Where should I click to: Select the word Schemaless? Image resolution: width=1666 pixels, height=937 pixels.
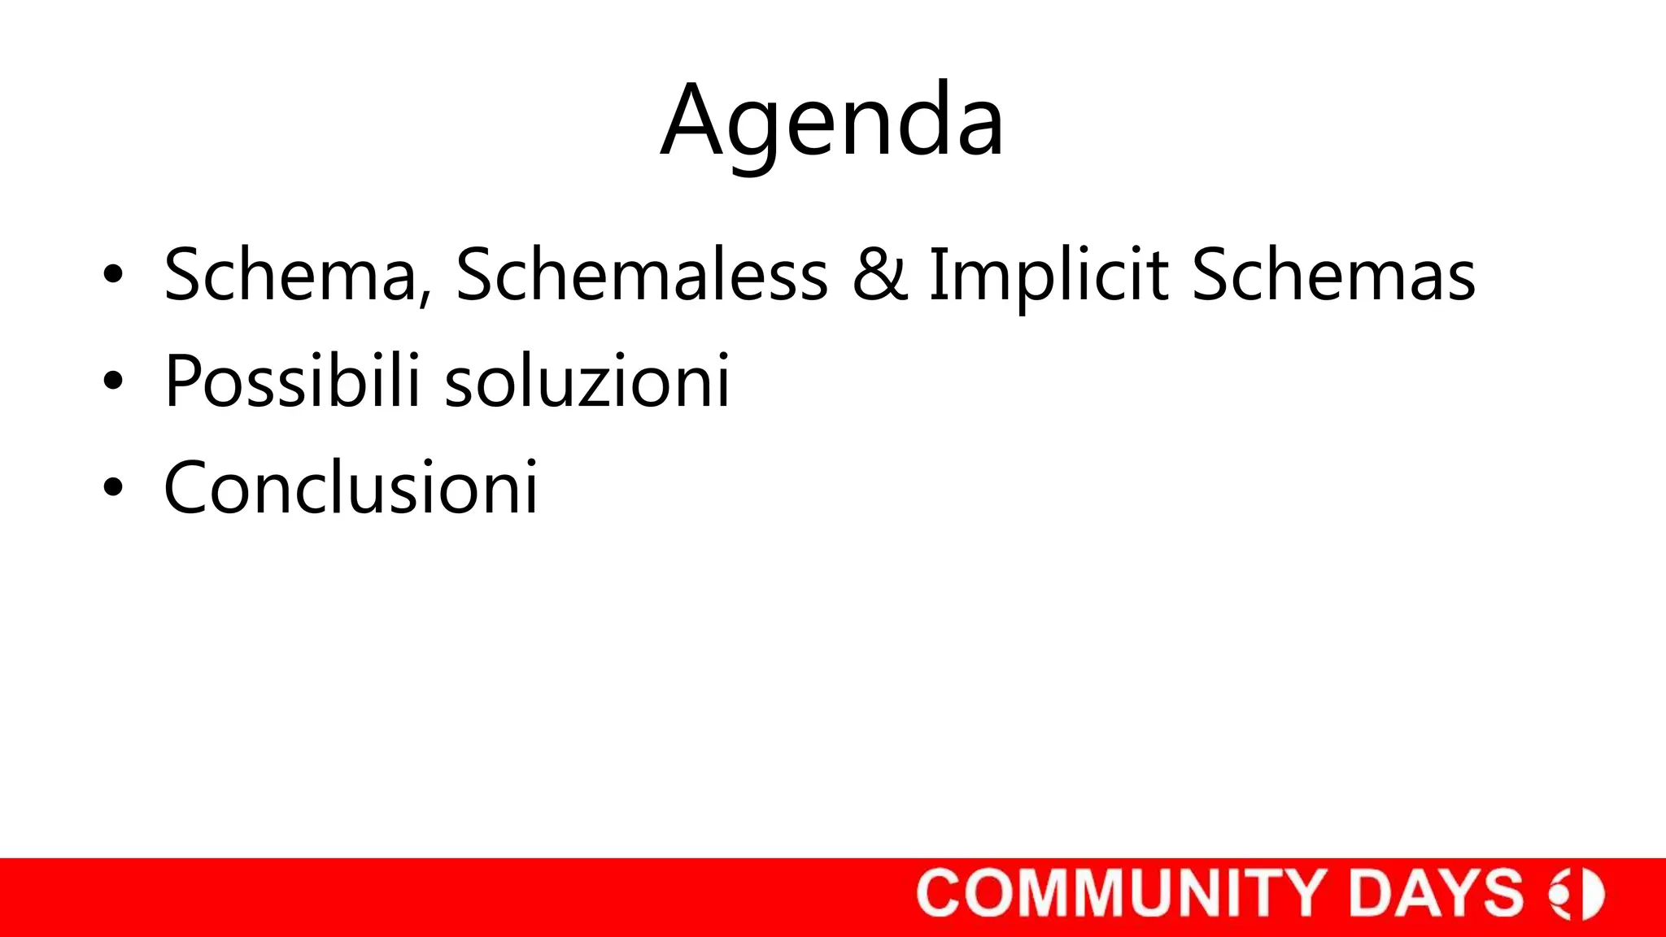pos(641,275)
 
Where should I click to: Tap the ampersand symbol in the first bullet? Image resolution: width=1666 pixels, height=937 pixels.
pos(879,275)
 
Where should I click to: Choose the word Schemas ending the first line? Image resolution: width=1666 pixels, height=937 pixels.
pos(1333,275)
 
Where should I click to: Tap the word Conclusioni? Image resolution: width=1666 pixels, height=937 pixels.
pos(351,487)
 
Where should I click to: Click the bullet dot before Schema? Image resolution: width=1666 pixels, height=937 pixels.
pos(113,275)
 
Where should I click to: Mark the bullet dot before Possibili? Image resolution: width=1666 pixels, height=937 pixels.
pos(113,381)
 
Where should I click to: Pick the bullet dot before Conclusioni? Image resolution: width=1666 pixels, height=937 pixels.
pos(113,487)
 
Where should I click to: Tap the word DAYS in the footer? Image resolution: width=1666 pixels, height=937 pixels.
pos(1435,893)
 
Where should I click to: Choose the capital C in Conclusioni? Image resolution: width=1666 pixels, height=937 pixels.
pos(194,487)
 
